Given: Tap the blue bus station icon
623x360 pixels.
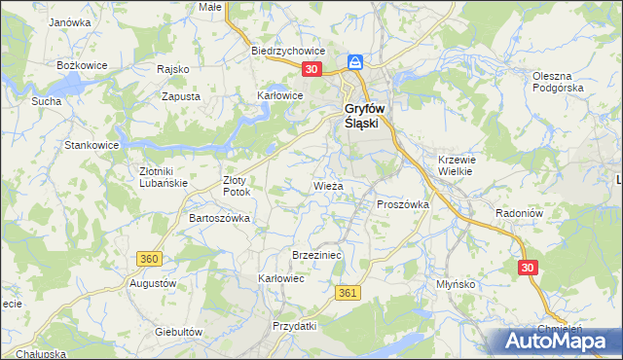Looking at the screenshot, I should coord(356,62).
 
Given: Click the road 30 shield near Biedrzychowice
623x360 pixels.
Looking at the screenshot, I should coord(311,69).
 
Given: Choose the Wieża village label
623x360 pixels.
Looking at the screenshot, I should coord(327,185).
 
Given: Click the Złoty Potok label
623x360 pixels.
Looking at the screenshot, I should coord(237,186).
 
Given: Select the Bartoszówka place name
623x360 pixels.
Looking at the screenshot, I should coord(219,218).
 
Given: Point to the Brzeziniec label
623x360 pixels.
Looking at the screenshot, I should coord(314,254).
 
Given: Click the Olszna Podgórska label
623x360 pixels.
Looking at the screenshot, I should coord(558,82).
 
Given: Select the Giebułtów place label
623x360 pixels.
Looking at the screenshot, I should coord(178,331).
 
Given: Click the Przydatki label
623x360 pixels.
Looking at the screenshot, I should coord(295,326).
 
